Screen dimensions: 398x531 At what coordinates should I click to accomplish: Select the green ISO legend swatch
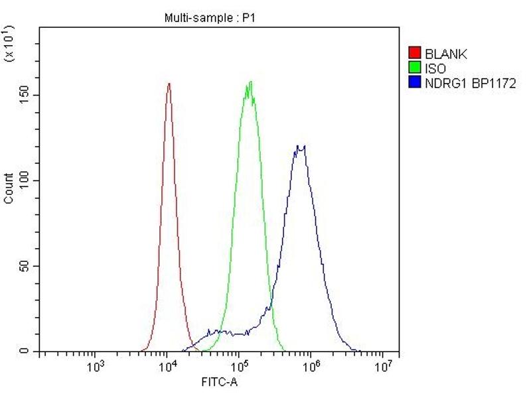(415, 68)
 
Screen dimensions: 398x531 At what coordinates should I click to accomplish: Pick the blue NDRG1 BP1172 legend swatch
(415, 82)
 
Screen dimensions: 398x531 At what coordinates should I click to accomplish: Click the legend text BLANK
(446, 54)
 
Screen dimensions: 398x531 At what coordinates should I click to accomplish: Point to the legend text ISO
(435, 68)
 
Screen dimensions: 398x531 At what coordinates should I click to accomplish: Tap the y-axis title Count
(9, 188)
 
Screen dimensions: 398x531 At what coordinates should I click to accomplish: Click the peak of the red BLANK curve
(169, 84)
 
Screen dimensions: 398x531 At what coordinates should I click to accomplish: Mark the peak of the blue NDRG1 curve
(301, 146)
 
